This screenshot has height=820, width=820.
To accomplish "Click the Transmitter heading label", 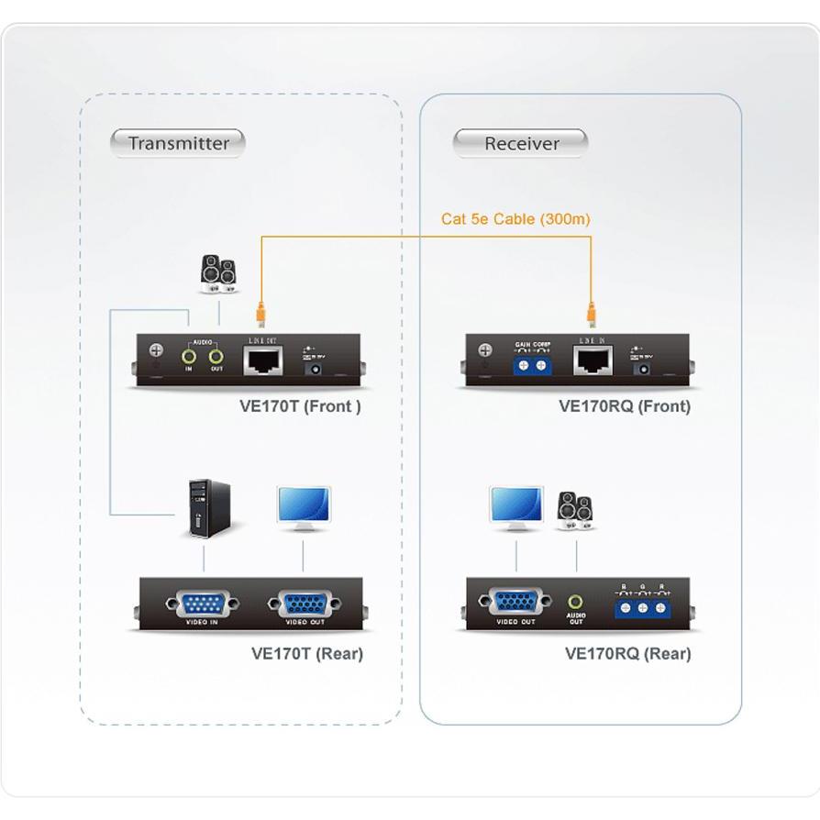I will click(178, 143).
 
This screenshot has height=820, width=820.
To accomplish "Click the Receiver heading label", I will click(521, 143).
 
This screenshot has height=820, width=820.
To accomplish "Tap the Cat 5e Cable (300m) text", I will click(515, 218).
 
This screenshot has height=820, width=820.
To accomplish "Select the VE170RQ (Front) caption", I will click(624, 406).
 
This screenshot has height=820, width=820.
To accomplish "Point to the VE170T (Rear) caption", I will click(306, 654).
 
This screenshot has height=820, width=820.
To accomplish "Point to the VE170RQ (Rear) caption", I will click(627, 654).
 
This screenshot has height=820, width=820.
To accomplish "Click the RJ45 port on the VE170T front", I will click(264, 361).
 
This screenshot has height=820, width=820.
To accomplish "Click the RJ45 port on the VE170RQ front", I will click(593, 361).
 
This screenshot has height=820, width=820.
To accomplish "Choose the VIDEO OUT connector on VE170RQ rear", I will click(515, 604).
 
